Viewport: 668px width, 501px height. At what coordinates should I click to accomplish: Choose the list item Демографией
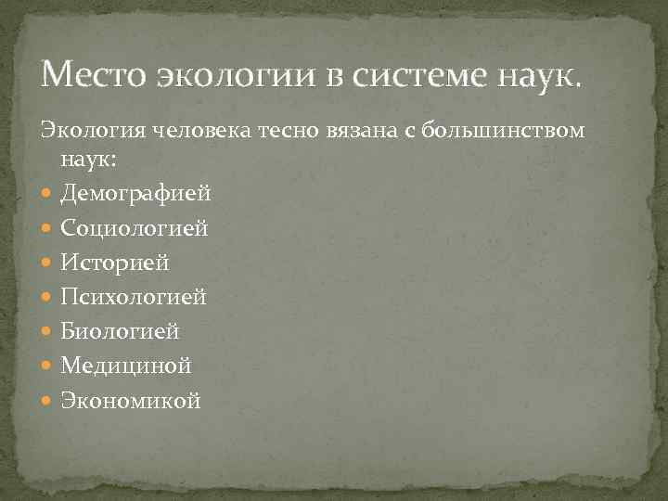[135, 194]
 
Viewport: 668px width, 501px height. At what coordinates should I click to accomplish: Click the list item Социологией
[135, 228]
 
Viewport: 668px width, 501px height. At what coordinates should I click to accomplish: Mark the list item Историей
[115, 263]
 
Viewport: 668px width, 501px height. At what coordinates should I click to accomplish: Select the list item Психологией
[134, 297]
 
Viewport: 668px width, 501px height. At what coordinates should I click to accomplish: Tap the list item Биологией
[121, 331]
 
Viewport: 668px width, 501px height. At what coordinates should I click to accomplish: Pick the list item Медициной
[126, 366]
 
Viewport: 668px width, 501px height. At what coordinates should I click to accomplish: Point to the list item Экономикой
[130, 400]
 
